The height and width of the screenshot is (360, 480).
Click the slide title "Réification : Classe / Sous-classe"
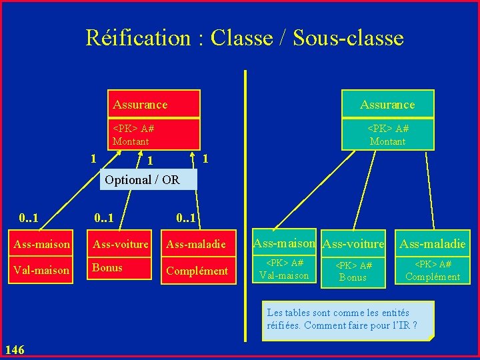[x=245, y=38]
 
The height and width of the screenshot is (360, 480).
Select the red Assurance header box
[x=154, y=104]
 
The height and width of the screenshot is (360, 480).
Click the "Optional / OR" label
[x=142, y=179]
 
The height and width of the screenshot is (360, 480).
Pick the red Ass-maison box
[x=40, y=244]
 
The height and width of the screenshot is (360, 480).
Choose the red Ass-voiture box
[x=121, y=244]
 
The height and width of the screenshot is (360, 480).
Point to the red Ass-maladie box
[x=197, y=244]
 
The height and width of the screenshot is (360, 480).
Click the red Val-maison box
[x=40, y=270]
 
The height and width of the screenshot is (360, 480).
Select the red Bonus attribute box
[x=121, y=269]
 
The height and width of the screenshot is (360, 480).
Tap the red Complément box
[x=197, y=271]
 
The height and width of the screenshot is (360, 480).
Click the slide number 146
[x=15, y=349]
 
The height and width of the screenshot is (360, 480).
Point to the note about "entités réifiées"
[x=347, y=319]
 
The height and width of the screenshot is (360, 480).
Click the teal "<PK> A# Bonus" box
[x=353, y=271]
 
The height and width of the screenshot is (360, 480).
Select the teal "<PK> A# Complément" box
[x=433, y=270]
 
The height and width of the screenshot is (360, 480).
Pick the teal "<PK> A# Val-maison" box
[x=284, y=269]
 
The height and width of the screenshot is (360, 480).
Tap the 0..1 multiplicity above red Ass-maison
[x=29, y=217]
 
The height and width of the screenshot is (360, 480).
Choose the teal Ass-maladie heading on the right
[x=432, y=244]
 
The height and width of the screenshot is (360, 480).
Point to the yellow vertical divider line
[x=245, y=200]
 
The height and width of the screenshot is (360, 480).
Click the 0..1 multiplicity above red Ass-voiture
[x=104, y=217]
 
